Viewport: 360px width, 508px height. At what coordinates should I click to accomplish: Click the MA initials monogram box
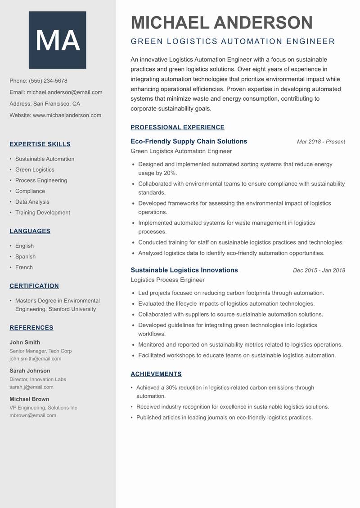click(x=58, y=40)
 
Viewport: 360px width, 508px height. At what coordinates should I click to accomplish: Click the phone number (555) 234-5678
click(x=48, y=81)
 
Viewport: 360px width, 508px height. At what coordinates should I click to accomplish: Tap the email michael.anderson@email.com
click(x=64, y=92)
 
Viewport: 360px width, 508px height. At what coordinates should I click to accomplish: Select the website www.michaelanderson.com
click(x=67, y=115)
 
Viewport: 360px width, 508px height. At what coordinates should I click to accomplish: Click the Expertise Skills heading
click(x=40, y=144)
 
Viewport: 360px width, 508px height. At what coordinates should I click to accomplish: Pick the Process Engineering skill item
click(x=41, y=180)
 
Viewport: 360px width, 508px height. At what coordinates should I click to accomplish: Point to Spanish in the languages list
click(x=25, y=257)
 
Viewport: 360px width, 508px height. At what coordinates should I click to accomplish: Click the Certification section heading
click(x=34, y=286)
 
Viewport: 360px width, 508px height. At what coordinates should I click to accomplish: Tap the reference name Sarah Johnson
click(x=30, y=371)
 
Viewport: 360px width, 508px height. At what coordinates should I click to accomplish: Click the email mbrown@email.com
click(x=33, y=415)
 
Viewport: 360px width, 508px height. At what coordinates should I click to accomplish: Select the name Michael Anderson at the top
click(x=221, y=22)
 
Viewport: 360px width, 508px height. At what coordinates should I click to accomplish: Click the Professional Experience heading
click(x=177, y=127)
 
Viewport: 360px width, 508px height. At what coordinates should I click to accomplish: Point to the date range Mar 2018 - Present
click(x=321, y=142)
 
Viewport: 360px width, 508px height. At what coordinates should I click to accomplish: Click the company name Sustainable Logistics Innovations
click(x=184, y=270)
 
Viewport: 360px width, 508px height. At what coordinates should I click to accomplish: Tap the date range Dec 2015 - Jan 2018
click(x=319, y=271)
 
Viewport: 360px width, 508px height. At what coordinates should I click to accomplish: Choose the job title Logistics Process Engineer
click(x=167, y=280)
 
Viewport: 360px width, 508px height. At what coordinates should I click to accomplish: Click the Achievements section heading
click(x=156, y=374)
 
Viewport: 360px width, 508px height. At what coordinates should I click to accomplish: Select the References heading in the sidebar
click(x=31, y=328)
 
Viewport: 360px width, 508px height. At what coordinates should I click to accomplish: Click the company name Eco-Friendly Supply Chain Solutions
click(x=189, y=141)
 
